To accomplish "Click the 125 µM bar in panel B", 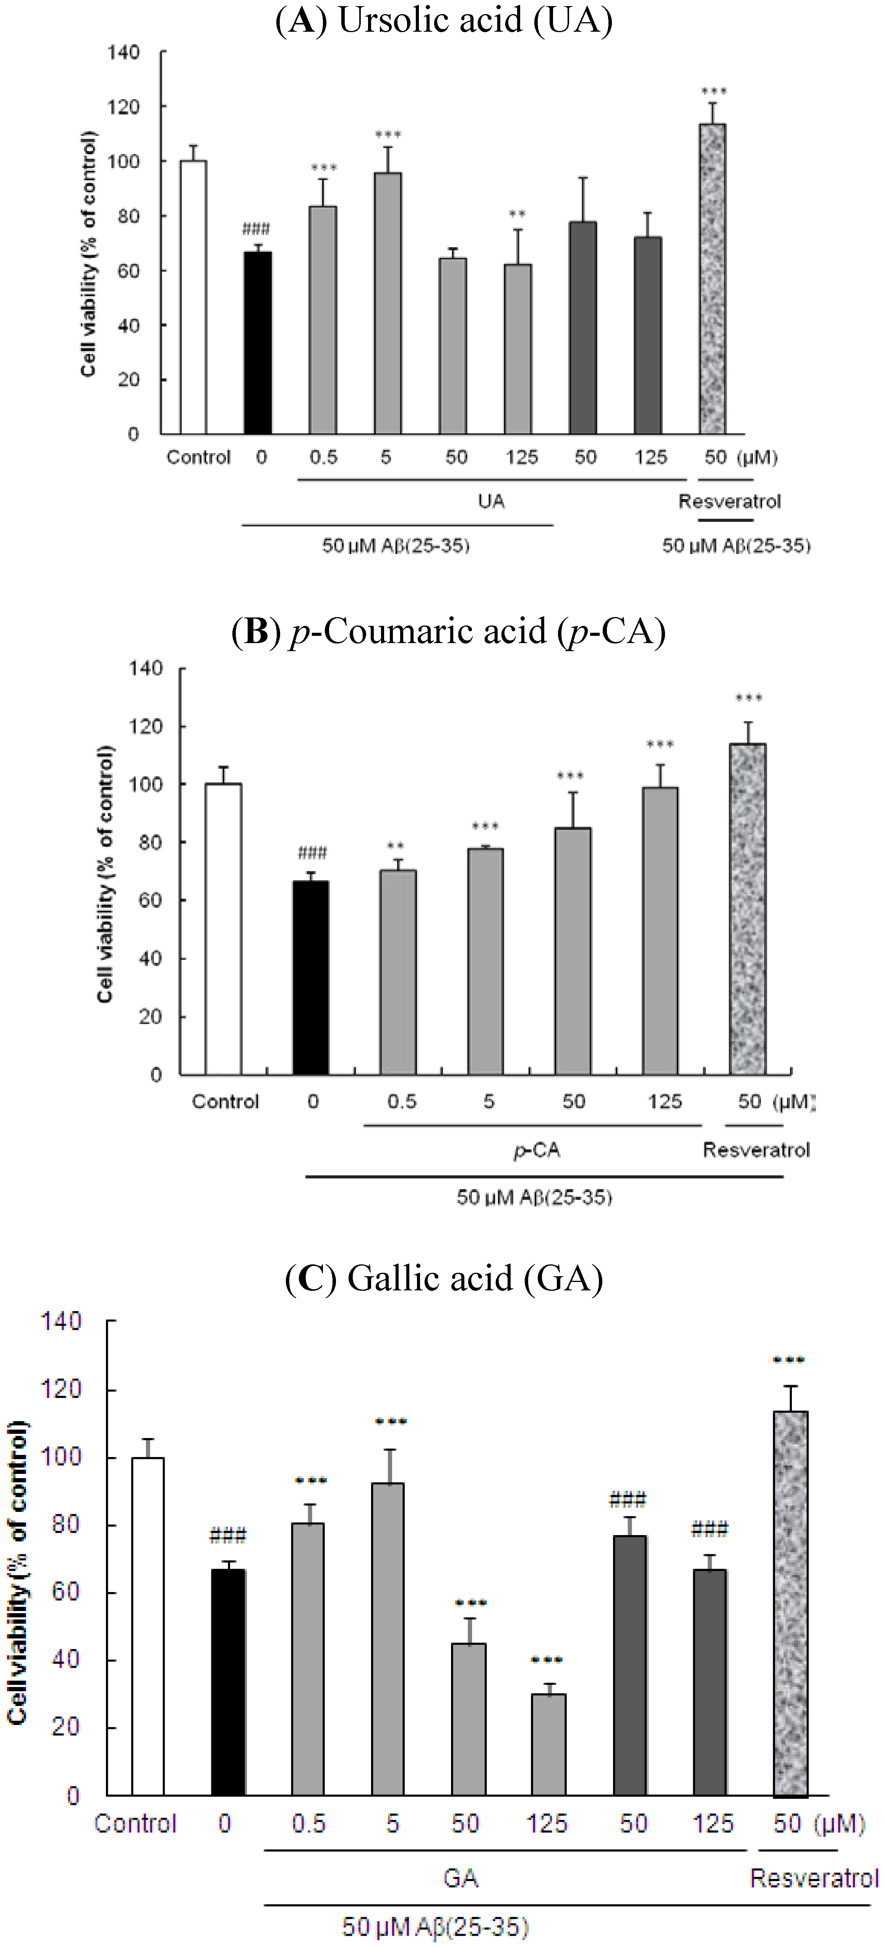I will (660, 930).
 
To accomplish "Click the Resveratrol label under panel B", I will (756, 1150).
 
